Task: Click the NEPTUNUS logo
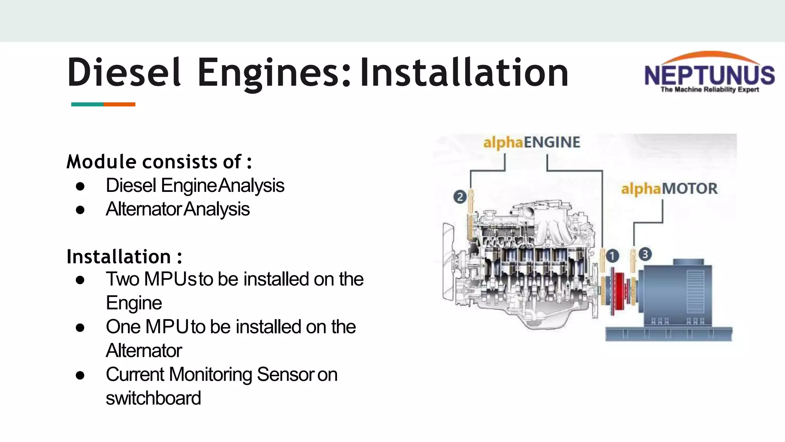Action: tap(709, 73)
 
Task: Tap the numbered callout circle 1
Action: tap(612, 256)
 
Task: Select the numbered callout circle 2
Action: tap(460, 197)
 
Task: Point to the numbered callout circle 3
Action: tap(645, 254)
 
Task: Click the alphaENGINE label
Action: tap(532, 142)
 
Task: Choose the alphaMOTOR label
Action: tap(669, 189)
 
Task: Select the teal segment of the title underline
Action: tap(87, 104)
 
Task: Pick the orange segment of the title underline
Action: tap(119, 104)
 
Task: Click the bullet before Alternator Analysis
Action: tap(80, 210)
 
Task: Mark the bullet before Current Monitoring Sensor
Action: tap(80, 375)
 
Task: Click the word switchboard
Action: tap(153, 398)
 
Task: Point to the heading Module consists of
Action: tap(159, 162)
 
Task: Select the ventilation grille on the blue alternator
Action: tap(695, 292)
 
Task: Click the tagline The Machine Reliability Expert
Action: tap(709, 90)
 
